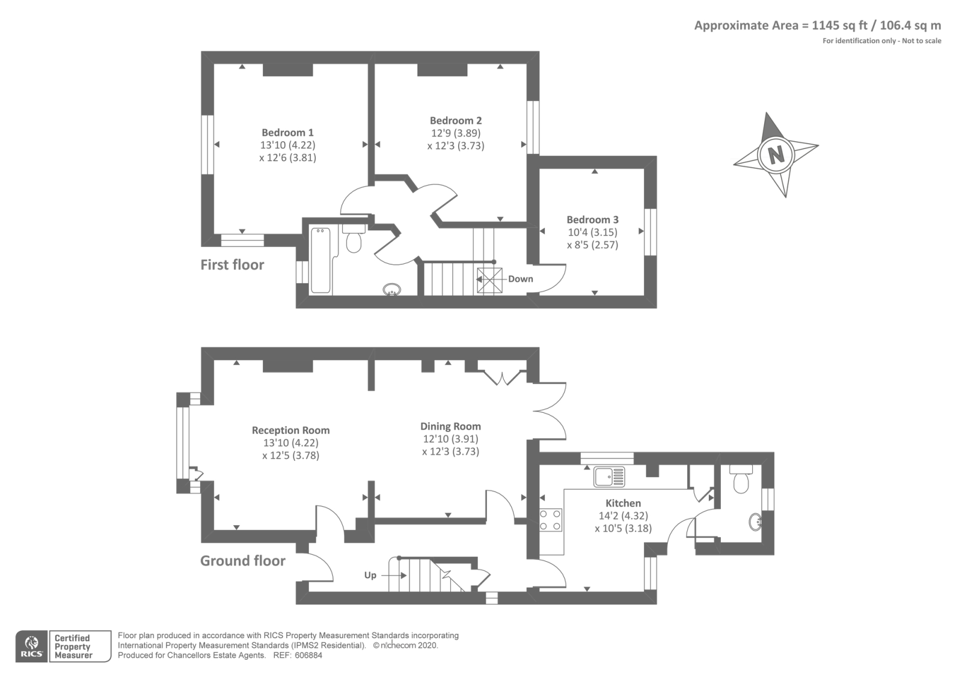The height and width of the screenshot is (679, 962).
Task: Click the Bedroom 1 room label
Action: (287, 132)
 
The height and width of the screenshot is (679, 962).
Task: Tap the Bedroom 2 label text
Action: (455, 120)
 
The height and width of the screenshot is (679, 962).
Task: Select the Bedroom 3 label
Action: (592, 219)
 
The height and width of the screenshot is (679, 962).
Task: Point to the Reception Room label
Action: (290, 430)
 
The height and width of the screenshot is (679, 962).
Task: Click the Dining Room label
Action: (450, 426)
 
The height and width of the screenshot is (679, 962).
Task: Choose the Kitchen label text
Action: (623, 503)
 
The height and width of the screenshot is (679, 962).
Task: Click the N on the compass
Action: (776, 154)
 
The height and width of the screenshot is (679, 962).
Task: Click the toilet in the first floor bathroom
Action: (354, 240)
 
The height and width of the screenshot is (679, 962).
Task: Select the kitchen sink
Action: (609, 477)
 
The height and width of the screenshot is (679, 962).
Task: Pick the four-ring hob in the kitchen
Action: (551, 520)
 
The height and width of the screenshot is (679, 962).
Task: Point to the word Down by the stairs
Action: (520, 279)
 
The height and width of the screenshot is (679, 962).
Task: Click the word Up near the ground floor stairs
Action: (370, 575)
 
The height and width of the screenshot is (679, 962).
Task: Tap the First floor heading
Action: (232, 264)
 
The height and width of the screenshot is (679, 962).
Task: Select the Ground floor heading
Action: (242, 561)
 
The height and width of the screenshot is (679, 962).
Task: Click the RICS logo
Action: (31, 647)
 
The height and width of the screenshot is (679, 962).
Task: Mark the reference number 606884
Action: (309, 655)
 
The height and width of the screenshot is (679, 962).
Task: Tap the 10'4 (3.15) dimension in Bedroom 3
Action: (592, 232)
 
